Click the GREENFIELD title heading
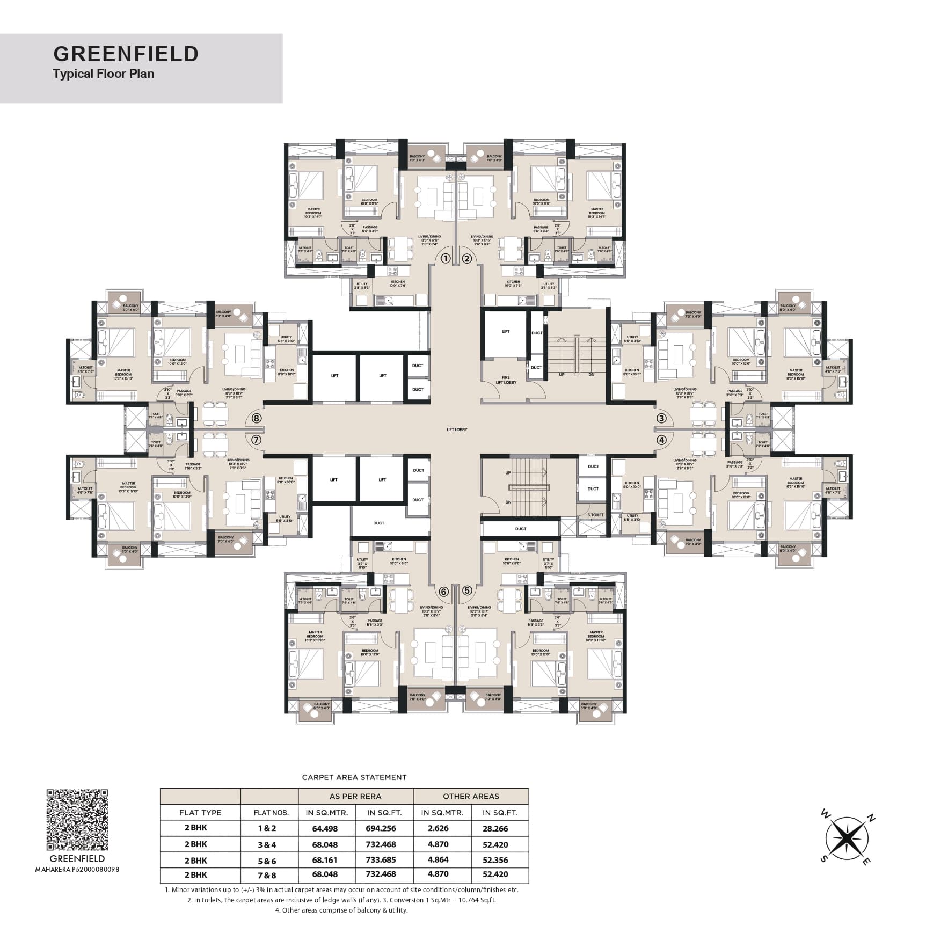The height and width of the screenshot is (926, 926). (126, 54)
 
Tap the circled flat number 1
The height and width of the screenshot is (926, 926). (445, 258)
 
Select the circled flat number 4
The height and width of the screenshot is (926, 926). (661, 440)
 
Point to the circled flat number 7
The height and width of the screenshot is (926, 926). (256, 440)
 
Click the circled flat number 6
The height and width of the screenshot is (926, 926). (443, 592)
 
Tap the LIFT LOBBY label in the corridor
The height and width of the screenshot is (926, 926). (457, 429)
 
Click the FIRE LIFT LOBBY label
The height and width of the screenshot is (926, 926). (506, 380)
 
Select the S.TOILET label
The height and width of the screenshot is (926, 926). (595, 515)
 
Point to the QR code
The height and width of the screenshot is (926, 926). (77, 820)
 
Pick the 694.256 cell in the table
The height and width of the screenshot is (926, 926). (381, 828)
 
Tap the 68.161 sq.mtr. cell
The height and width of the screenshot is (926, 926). (325, 860)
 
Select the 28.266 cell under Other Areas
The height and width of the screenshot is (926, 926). (494, 828)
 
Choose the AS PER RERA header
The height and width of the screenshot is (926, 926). (355, 796)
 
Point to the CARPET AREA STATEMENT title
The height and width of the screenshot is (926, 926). (354, 777)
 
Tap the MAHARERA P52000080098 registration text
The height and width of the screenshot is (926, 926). (77, 870)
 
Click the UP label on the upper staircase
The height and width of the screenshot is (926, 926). (562, 374)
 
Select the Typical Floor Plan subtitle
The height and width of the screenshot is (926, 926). (103, 74)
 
